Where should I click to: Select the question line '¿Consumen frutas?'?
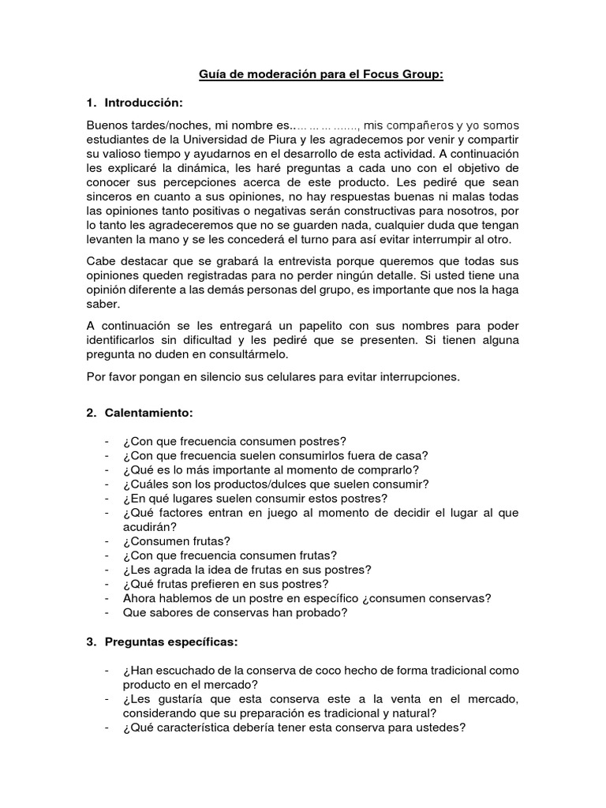(177, 541)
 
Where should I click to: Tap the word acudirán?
(150, 527)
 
